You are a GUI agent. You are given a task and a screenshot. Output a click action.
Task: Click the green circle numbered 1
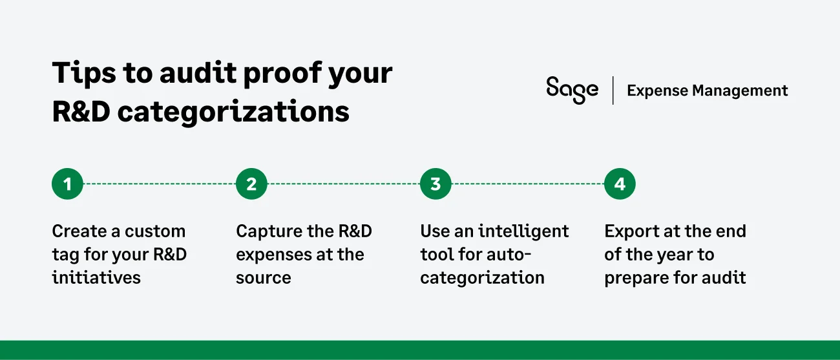coord(68,184)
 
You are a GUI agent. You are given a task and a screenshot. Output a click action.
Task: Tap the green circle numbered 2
coord(251,184)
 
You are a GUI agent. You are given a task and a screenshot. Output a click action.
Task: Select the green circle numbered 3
coord(436,184)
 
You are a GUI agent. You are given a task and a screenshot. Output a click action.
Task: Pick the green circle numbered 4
coord(620,184)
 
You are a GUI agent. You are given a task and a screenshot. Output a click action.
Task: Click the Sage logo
coord(572,90)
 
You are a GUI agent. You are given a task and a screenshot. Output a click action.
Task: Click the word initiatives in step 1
coord(96,278)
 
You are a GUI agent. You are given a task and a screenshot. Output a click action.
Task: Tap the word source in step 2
coord(264,278)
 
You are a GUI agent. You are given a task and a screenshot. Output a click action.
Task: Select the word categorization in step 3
coord(482,278)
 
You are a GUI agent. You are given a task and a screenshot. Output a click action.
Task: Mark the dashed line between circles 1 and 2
coord(160,184)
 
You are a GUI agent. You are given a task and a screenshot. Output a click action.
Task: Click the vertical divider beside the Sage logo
coord(613,90)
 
